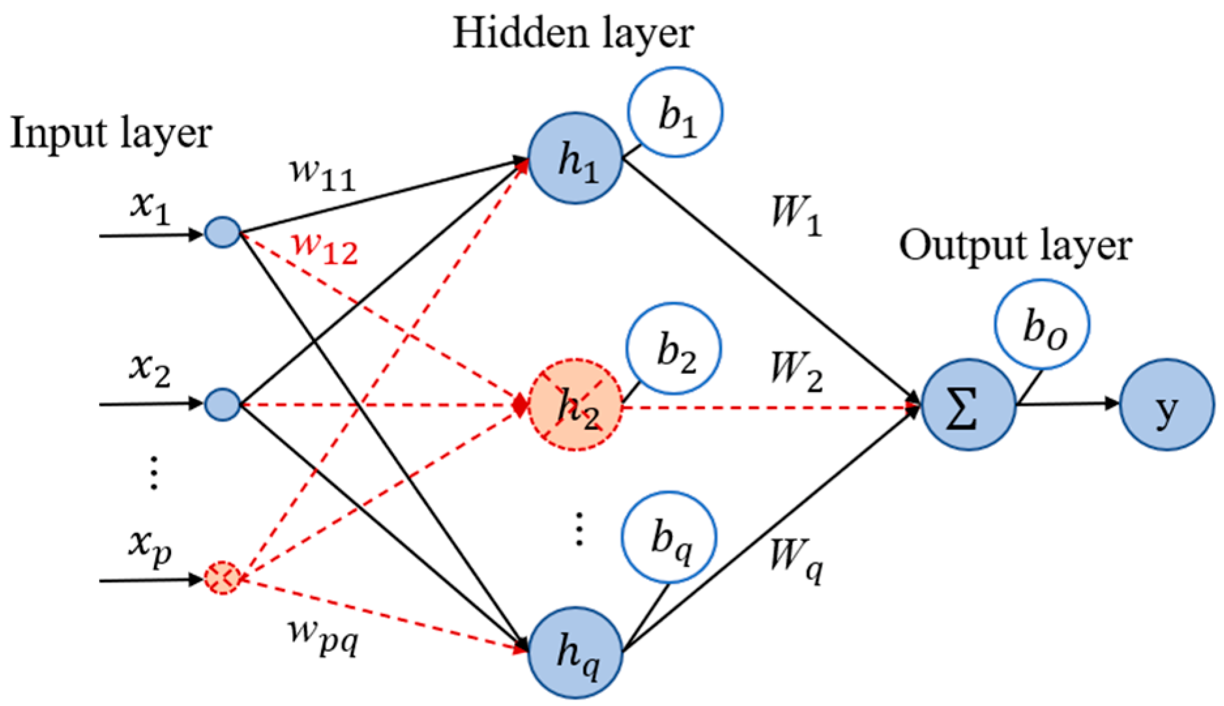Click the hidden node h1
pyautogui.click(x=575, y=159)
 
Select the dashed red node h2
pyautogui.click(x=575, y=405)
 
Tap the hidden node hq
pyautogui.click(x=575, y=652)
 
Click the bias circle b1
pyautogui.click(x=675, y=112)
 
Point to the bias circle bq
pyautogui.click(x=669, y=538)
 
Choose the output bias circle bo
pyautogui.click(x=1042, y=325)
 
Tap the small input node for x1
pyautogui.click(x=223, y=232)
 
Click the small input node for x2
pyautogui.click(x=223, y=405)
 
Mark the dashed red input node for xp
pyautogui.click(x=223, y=577)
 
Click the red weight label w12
pyautogui.click(x=325, y=248)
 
